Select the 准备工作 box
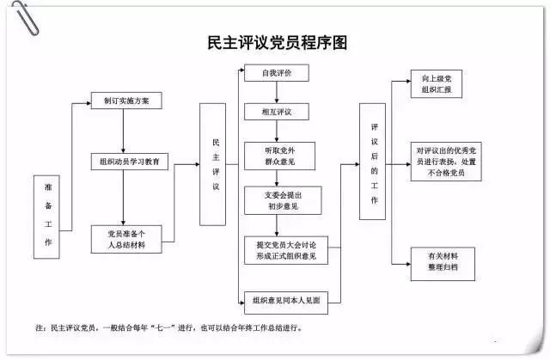[x=48, y=217]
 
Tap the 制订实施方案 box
[x=126, y=100]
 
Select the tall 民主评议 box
[x=217, y=164]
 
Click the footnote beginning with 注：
[x=168, y=327]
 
